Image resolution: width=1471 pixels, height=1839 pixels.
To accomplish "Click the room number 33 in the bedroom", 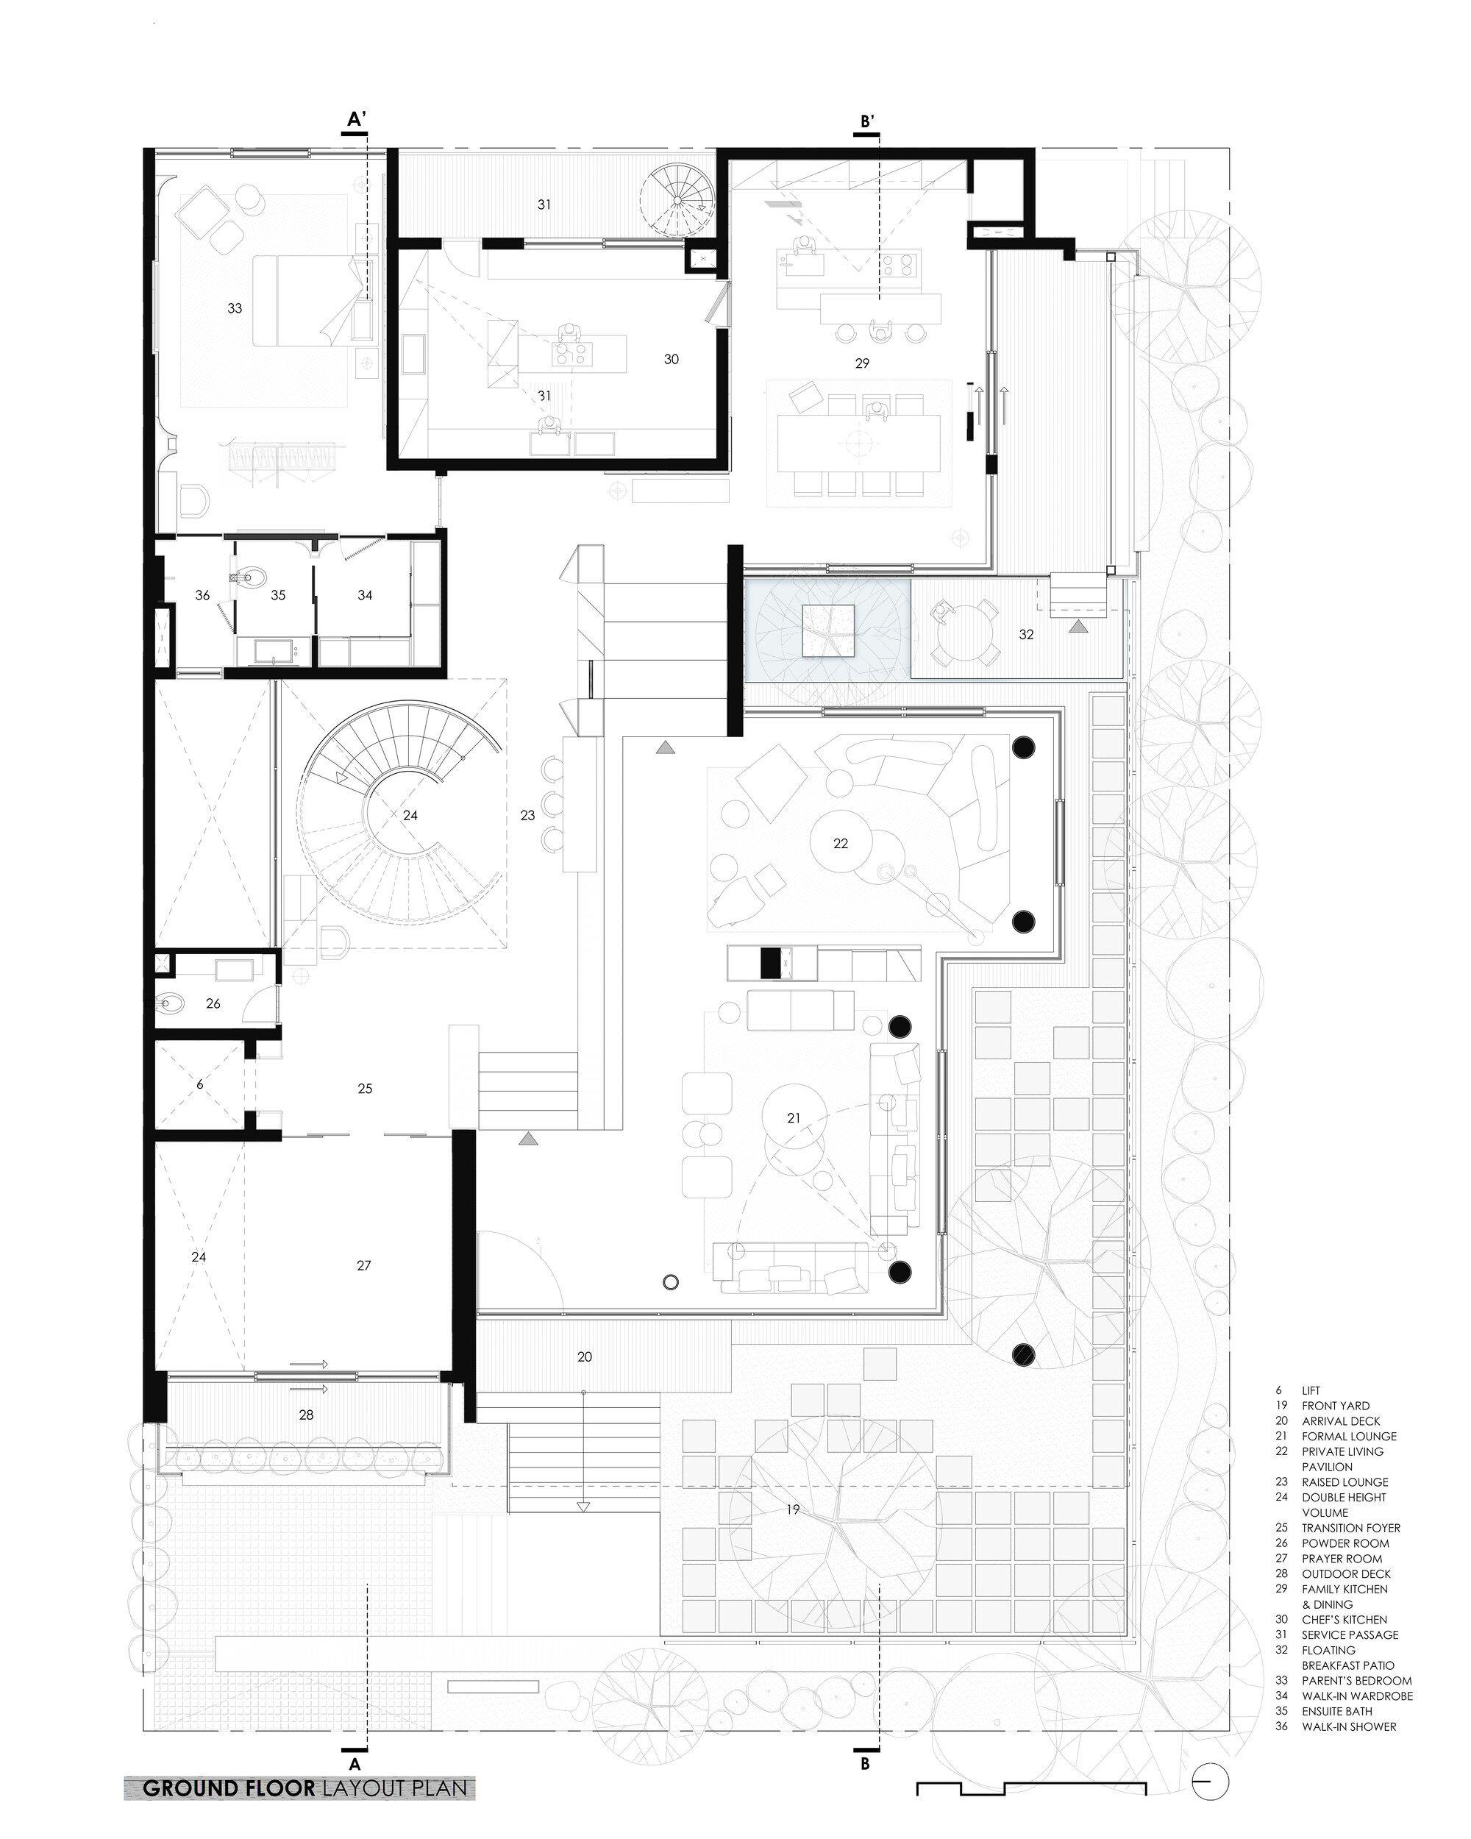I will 235,308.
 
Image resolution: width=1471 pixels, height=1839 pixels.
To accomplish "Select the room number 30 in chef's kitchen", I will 671,359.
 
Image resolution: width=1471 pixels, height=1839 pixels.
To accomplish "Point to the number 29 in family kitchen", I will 862,363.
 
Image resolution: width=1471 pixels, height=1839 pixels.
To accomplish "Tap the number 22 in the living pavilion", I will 841,843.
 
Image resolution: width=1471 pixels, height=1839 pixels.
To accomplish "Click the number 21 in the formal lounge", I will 794,1117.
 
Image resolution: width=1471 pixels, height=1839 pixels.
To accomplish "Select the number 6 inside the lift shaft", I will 199,1084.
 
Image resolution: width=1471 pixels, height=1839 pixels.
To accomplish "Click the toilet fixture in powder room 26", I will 171,1004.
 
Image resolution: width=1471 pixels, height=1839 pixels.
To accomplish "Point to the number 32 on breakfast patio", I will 1026,635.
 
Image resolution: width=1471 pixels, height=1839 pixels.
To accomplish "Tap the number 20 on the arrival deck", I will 584,1356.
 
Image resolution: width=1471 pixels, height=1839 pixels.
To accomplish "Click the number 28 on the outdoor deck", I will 306,1415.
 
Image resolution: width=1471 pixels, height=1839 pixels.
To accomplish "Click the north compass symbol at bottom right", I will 1211,1779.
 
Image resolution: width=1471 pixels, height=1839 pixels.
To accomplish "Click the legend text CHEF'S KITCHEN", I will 1344,1619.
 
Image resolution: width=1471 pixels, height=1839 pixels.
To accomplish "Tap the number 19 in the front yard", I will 793,1509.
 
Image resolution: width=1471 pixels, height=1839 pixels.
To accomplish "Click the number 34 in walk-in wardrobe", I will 365,594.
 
